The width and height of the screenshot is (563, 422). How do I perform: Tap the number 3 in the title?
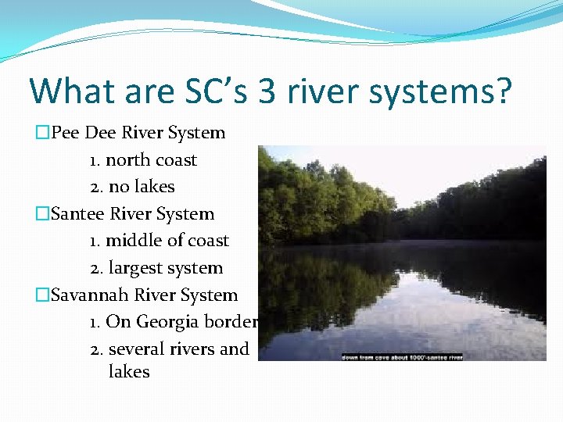point(267,91)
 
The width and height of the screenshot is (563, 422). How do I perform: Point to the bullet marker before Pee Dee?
point(42,133)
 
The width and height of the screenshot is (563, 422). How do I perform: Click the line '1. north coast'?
point(143,160)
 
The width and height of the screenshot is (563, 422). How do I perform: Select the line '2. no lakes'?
point(132,187)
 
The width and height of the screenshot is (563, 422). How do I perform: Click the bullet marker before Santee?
point(42,214)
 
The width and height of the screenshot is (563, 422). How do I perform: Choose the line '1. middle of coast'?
point(160,241)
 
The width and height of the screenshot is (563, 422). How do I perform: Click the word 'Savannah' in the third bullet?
point(90,295)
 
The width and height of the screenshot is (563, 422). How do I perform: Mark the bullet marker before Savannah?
point(42,295)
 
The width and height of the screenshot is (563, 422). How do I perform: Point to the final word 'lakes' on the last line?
point(129,372)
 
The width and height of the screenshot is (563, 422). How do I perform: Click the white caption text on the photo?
point(401,356)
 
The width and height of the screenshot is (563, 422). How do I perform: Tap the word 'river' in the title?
point(320,91)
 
